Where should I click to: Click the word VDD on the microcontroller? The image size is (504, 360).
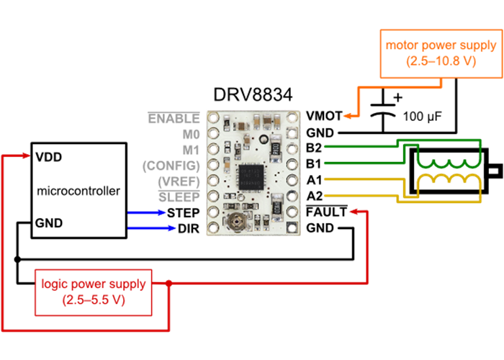(x=49, y=156)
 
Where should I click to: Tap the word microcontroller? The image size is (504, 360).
(x=78, y=192)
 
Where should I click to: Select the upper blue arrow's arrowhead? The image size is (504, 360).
(x=163, y=212)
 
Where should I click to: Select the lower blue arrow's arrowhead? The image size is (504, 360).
(x=172, y=228)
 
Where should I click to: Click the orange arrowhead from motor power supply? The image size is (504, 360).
(x=347, y=115)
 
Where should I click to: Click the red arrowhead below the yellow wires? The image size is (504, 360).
(x=353, y=212)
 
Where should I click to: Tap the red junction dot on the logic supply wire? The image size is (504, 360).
(x=168, y=283)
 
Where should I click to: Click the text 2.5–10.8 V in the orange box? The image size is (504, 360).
(x=441, y=61)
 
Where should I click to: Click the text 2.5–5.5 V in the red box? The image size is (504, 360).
(x=94, y=299)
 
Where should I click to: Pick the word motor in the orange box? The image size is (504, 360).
(x=401, y=45)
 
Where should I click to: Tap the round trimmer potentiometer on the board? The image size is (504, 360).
(x=235, y=222)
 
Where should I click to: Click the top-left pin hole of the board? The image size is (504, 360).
(x=213, y=117)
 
